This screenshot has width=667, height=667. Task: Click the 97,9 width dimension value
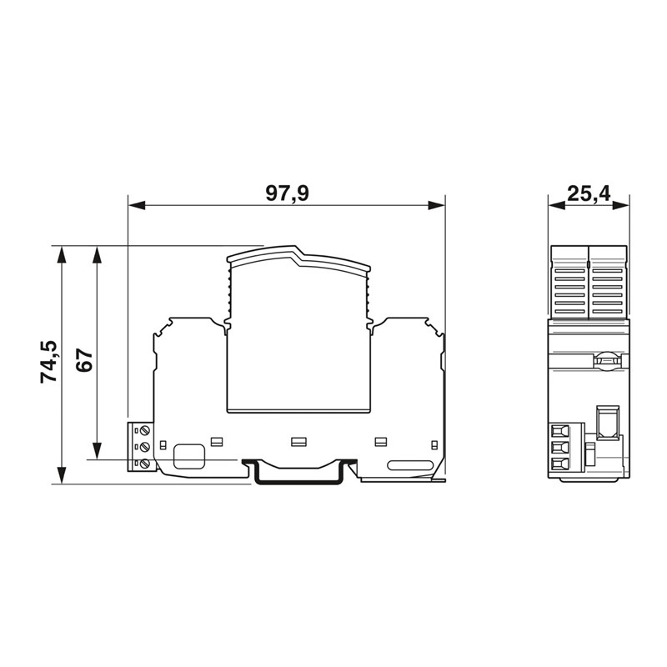coord(287,193)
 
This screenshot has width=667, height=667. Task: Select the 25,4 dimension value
coord(589,194)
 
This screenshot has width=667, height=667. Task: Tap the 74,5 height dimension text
coord(48,362)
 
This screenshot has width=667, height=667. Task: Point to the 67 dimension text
coord(84,361)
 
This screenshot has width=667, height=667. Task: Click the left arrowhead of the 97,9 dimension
coord(137,205)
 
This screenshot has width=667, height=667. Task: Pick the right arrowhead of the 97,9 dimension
coord(436,205)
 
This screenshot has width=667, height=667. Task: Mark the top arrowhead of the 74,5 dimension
coord(62,254)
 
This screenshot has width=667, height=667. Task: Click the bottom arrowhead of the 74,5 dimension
coord(62,475)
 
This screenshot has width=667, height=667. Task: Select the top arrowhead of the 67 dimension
coord(97,254)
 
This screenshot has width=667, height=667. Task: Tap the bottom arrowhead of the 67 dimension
coord(97,451)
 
